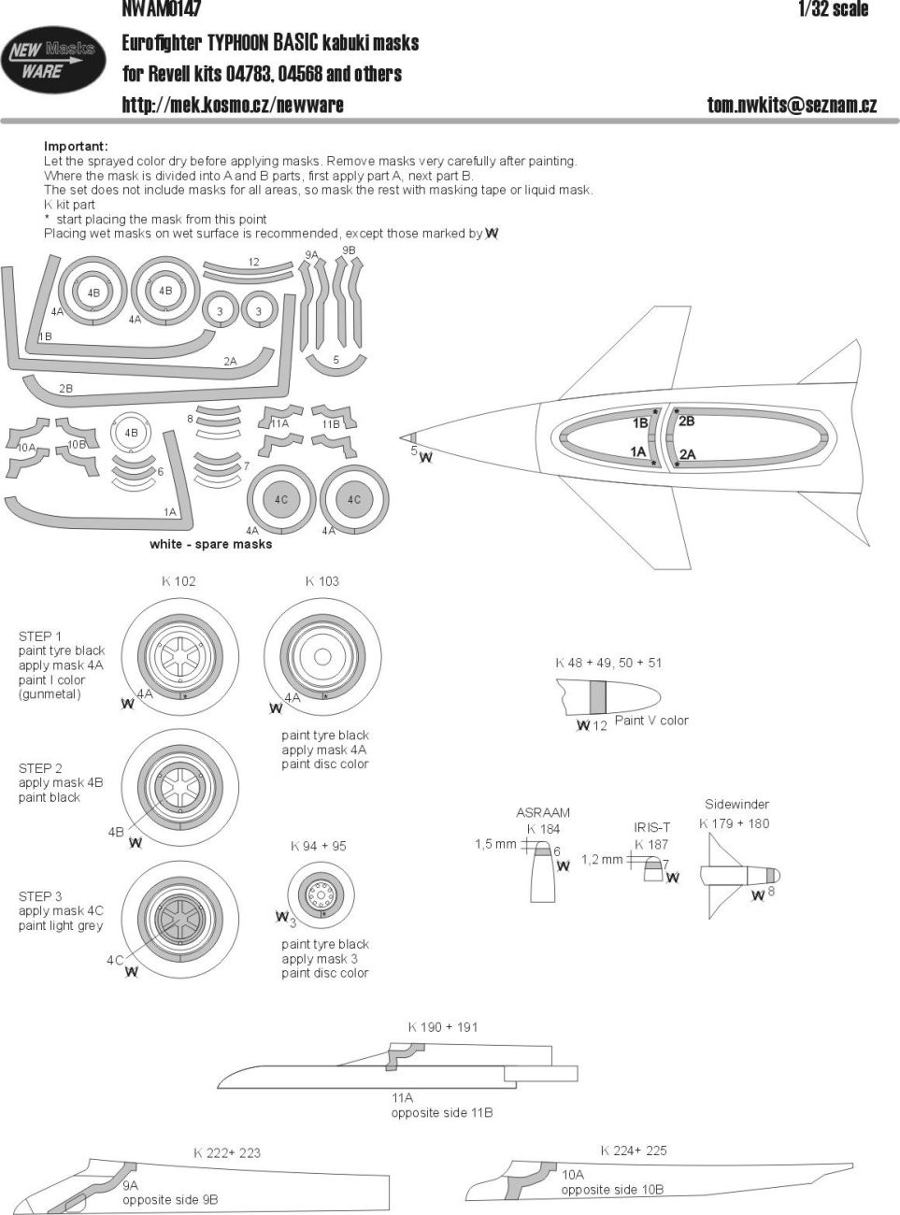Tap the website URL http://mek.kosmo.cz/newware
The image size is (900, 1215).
coord(232,105)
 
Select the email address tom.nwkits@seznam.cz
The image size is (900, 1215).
coord(792,105)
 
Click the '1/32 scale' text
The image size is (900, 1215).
coord(833,9)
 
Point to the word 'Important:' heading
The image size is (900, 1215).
coord(76,147)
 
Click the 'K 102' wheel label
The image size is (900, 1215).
coord(179,581)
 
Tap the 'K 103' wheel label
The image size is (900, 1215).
coord(321,581)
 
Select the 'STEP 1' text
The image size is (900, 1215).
coord(40,636)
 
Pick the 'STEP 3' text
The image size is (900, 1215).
coord(40,896)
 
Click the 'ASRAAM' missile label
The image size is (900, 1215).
coord(543,813)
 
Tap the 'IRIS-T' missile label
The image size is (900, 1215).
coord(651,827)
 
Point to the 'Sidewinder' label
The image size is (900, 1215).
coord(736,805)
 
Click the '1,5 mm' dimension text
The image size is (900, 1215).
coord(495,844)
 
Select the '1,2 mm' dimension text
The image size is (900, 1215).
coord(601,859)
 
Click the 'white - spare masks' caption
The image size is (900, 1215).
coord(210,544)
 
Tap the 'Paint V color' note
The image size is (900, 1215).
coord(651,721)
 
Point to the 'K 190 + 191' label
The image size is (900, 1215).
coord(442,1027)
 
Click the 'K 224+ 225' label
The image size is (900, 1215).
coord(634,1151)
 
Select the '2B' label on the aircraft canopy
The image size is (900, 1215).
coord(686,422)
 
